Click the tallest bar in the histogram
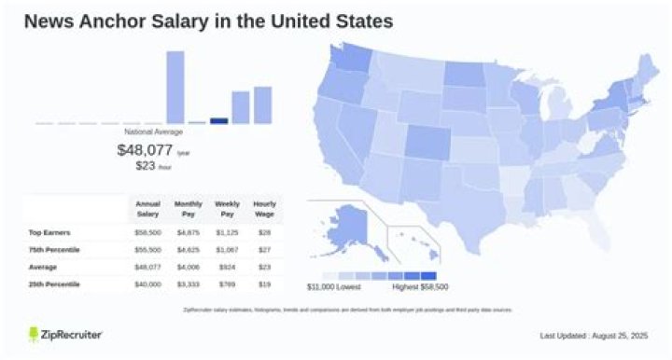(x=175, y=87)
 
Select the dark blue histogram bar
(x=219, y=120)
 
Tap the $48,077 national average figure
(x=145, y=149)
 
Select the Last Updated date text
(x=593, y=335)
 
